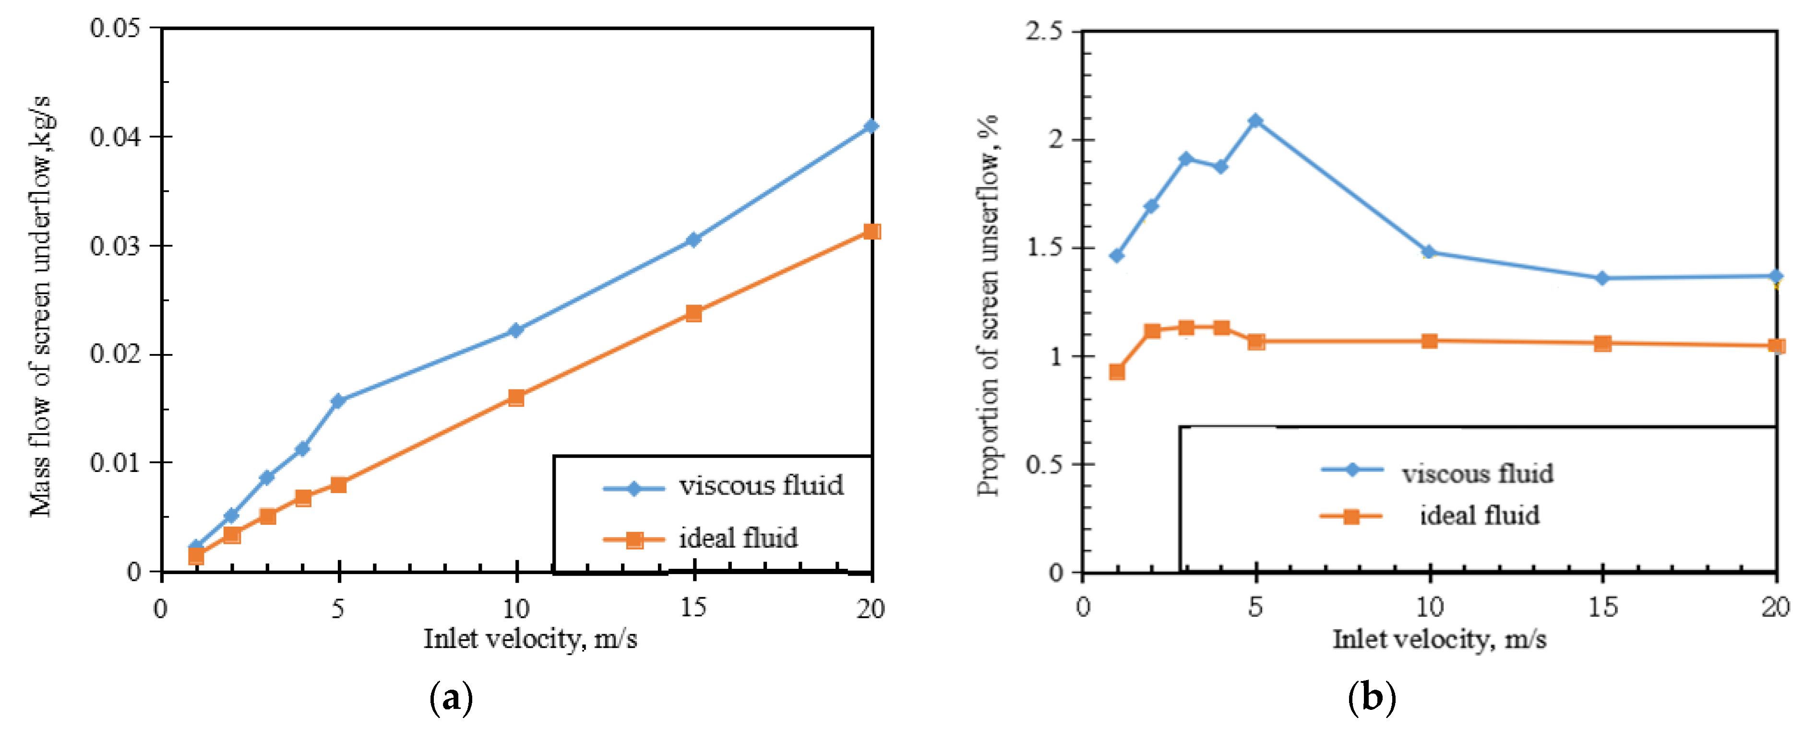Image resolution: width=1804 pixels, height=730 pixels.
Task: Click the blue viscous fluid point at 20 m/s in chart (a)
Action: pos(871,126)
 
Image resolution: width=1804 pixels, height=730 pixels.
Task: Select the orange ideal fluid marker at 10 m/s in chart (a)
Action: pos(516,398)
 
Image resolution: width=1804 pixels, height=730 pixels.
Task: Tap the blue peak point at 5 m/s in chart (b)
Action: pos(1255,121)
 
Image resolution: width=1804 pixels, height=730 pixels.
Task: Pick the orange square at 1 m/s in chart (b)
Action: pos(1117,372)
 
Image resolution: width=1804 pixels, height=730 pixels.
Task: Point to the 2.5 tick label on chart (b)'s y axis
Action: pos(1043,32)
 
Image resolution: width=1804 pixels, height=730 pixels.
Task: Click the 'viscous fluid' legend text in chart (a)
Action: pos(761,485)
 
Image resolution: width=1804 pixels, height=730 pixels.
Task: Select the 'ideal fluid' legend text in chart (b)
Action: pos(1479,516)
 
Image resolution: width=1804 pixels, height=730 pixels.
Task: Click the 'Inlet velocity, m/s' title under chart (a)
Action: pos(530,639)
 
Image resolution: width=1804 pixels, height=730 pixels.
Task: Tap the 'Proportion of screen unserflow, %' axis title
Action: pos(988,306)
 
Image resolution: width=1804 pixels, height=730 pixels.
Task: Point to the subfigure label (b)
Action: pos(1371,698)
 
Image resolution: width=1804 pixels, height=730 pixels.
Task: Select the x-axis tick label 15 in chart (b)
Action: pos(1602,607)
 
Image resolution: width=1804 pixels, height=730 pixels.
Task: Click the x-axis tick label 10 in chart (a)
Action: pos(516,608)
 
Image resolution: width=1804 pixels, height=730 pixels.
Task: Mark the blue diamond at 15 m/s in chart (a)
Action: pos(693,239)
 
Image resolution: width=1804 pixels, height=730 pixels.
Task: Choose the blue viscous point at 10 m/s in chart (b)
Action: pos(1429,252)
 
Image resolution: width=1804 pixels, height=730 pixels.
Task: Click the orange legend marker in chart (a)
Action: pos(634,540)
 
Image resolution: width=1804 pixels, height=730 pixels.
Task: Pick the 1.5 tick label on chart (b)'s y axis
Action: pos(1043,248)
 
